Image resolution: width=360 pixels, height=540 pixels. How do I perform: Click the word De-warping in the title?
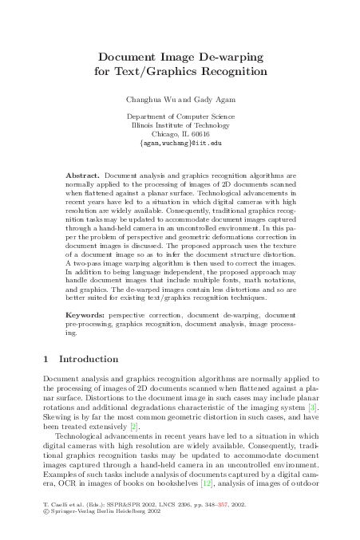point(231,58)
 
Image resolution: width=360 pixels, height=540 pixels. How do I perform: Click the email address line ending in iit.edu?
point(180,144)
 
